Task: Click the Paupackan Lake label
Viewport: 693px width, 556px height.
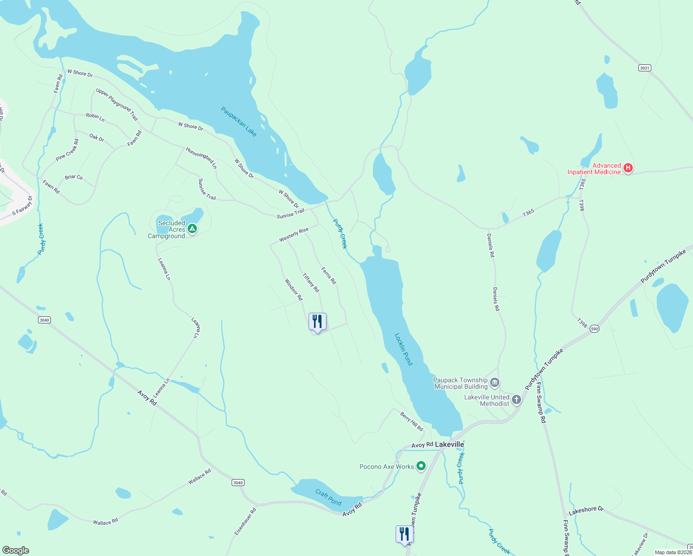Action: click(239, 121)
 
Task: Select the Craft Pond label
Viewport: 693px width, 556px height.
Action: click(328, 498)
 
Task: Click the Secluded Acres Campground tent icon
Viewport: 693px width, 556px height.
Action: click(192, 228)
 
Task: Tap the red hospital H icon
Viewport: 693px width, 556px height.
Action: click(628, 168)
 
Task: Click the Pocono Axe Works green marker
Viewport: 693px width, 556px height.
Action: click(421, 466)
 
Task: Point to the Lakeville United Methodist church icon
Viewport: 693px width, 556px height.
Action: click(516, 400)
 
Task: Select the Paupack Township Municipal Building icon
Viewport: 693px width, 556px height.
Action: click(494, 383)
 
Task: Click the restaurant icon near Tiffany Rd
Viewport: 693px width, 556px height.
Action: click(317, 322)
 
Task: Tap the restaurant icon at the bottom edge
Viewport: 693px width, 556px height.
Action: click(404, 534)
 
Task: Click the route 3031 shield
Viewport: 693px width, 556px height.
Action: click(644, 68)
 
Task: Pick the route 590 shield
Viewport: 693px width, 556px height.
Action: click(595, 329)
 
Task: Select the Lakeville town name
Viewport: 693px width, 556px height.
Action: click(449, 444)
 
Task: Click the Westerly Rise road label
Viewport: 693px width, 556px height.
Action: click(294, 235)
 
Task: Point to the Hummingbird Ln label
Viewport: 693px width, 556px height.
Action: click(201, 158)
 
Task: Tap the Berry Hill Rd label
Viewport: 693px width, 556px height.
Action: click(411, 422)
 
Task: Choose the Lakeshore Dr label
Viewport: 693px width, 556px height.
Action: click(586, 511)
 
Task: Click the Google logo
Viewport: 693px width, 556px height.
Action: click(16, 550)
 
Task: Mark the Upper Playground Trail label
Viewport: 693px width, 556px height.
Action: click(117, 104)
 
